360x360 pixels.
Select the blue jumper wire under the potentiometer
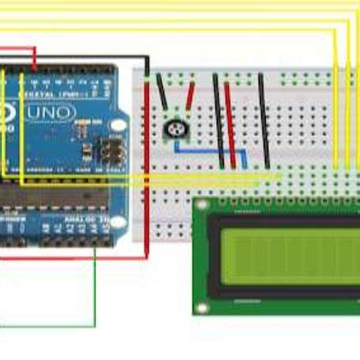point(207,150)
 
